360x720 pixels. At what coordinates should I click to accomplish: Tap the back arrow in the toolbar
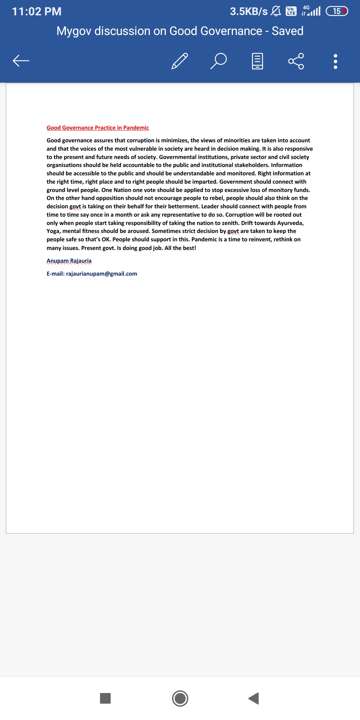[21, 61]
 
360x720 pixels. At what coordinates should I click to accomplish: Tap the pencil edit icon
[180, 61]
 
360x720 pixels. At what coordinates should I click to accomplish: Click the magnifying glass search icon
[219, 61]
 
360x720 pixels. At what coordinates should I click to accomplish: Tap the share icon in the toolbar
[296, 61]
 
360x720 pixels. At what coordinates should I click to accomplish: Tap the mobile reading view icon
[257, 61]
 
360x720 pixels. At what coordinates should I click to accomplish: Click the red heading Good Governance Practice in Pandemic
[98, 128]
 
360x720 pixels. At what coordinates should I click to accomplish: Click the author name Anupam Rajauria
[69, 261]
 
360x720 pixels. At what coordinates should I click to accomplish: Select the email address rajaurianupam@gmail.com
[102, 274]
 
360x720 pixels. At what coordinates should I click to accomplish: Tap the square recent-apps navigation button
[105, 698]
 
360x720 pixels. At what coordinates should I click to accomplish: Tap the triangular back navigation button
[254, 698]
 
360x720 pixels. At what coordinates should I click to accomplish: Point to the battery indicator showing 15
[337, 11]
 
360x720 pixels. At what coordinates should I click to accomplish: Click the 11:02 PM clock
[37, 11]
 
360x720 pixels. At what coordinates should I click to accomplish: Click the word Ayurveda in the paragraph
[290, 223]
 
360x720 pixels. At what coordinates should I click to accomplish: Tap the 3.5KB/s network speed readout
[249, 11]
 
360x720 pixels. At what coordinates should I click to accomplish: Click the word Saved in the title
[287, 31]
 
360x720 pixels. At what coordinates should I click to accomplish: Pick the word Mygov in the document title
[74, 31]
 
